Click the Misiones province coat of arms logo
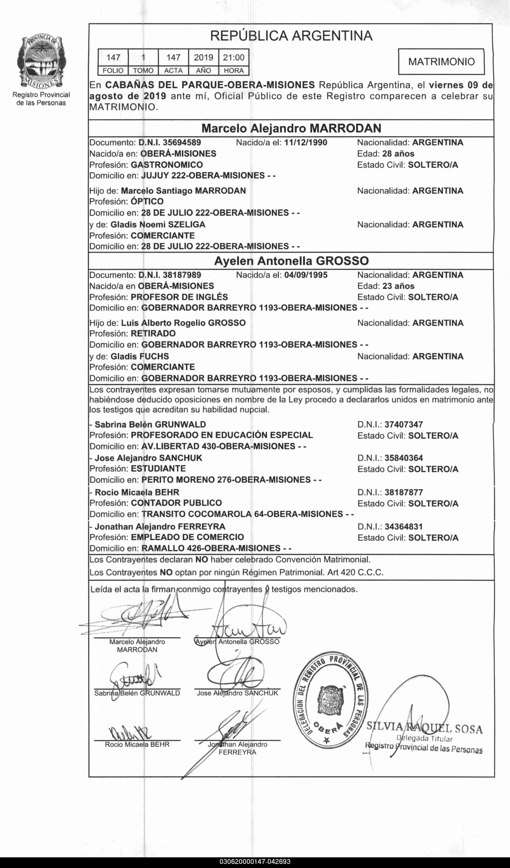(x=41, y=62)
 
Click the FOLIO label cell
(x=113, y=71)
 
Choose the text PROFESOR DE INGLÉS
(x=179, y=297)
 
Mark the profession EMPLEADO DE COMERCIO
(x=187, y=537)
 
